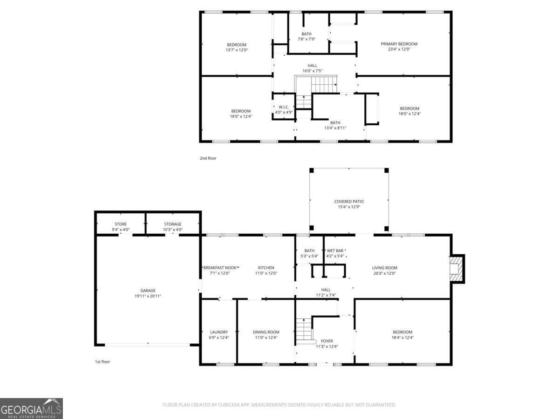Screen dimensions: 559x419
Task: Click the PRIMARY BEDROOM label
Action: click(399, 44)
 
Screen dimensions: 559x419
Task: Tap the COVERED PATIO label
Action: click(349, 202)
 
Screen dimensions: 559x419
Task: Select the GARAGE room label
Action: click(148, 291)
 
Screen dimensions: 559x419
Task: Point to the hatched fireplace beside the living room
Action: click(457, 269)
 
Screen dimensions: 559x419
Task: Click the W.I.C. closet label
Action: click(284, 107)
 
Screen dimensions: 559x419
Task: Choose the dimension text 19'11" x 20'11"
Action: click(148, 296)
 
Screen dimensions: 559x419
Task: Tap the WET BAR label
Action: click(335, 250)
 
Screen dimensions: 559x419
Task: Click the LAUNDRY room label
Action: click(219, 332)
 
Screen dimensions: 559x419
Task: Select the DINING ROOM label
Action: click(266, 332)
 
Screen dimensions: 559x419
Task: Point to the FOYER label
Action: click(327, 341)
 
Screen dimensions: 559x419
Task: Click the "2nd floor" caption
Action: click(208, 158)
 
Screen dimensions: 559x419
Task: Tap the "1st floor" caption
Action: click(102, 362)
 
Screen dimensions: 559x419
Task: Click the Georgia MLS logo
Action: click(31, 409)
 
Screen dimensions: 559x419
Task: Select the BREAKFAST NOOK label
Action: click(220, 268)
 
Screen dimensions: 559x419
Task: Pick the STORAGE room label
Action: click(173, 224)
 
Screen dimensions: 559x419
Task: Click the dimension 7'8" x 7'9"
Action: click(307, 39)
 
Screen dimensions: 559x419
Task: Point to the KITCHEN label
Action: click(266, 268)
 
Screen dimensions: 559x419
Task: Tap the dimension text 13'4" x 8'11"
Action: click(335, 128)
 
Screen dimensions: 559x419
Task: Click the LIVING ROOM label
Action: click(384, 268)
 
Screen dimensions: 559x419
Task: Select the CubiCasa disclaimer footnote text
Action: click(279, 405)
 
